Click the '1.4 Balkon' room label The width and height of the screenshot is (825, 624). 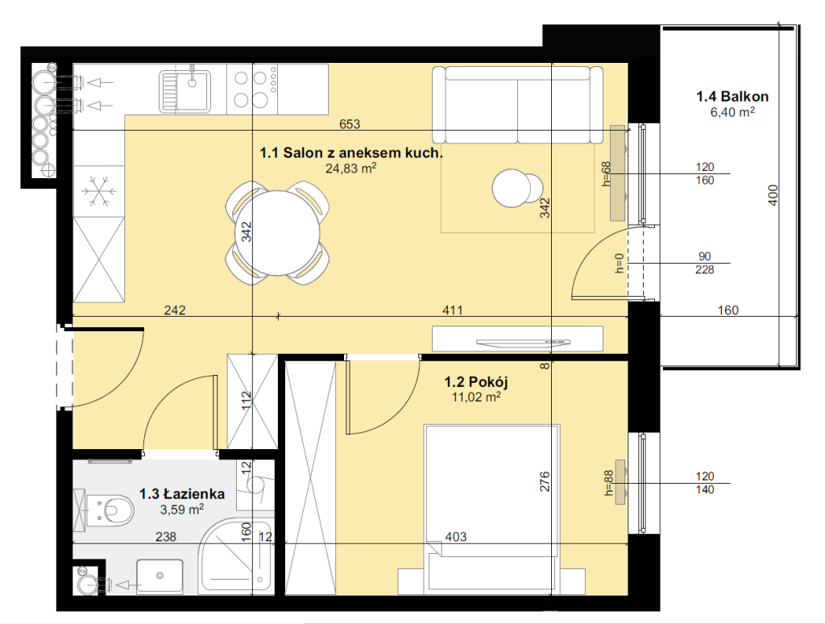(732, 97)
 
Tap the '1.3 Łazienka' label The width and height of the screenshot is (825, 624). (181, 494)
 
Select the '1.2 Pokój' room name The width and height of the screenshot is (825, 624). (475, 382)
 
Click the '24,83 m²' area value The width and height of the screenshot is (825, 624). (351, 168)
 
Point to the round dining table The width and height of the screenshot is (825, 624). (277, 233)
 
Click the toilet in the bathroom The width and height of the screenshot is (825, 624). (110, 510)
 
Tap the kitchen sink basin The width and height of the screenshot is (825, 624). (192, 90)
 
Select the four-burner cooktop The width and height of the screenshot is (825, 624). (252, 89)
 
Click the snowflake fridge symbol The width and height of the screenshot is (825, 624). (99, 190)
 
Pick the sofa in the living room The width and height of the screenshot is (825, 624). (518, 105)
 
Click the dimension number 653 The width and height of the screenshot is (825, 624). (350, 123)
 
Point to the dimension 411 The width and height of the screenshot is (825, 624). (453, 310)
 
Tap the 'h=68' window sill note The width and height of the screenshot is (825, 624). (607, 174)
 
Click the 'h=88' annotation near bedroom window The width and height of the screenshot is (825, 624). (609, 483)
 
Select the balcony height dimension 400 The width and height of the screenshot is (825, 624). (773, 195)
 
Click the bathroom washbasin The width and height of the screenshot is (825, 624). (160, 576)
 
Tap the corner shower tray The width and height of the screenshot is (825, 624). (236, 555)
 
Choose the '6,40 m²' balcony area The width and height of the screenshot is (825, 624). (732, 111)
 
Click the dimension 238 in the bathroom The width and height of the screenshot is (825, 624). (166, 537)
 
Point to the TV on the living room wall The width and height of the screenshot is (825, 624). (523, 343)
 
